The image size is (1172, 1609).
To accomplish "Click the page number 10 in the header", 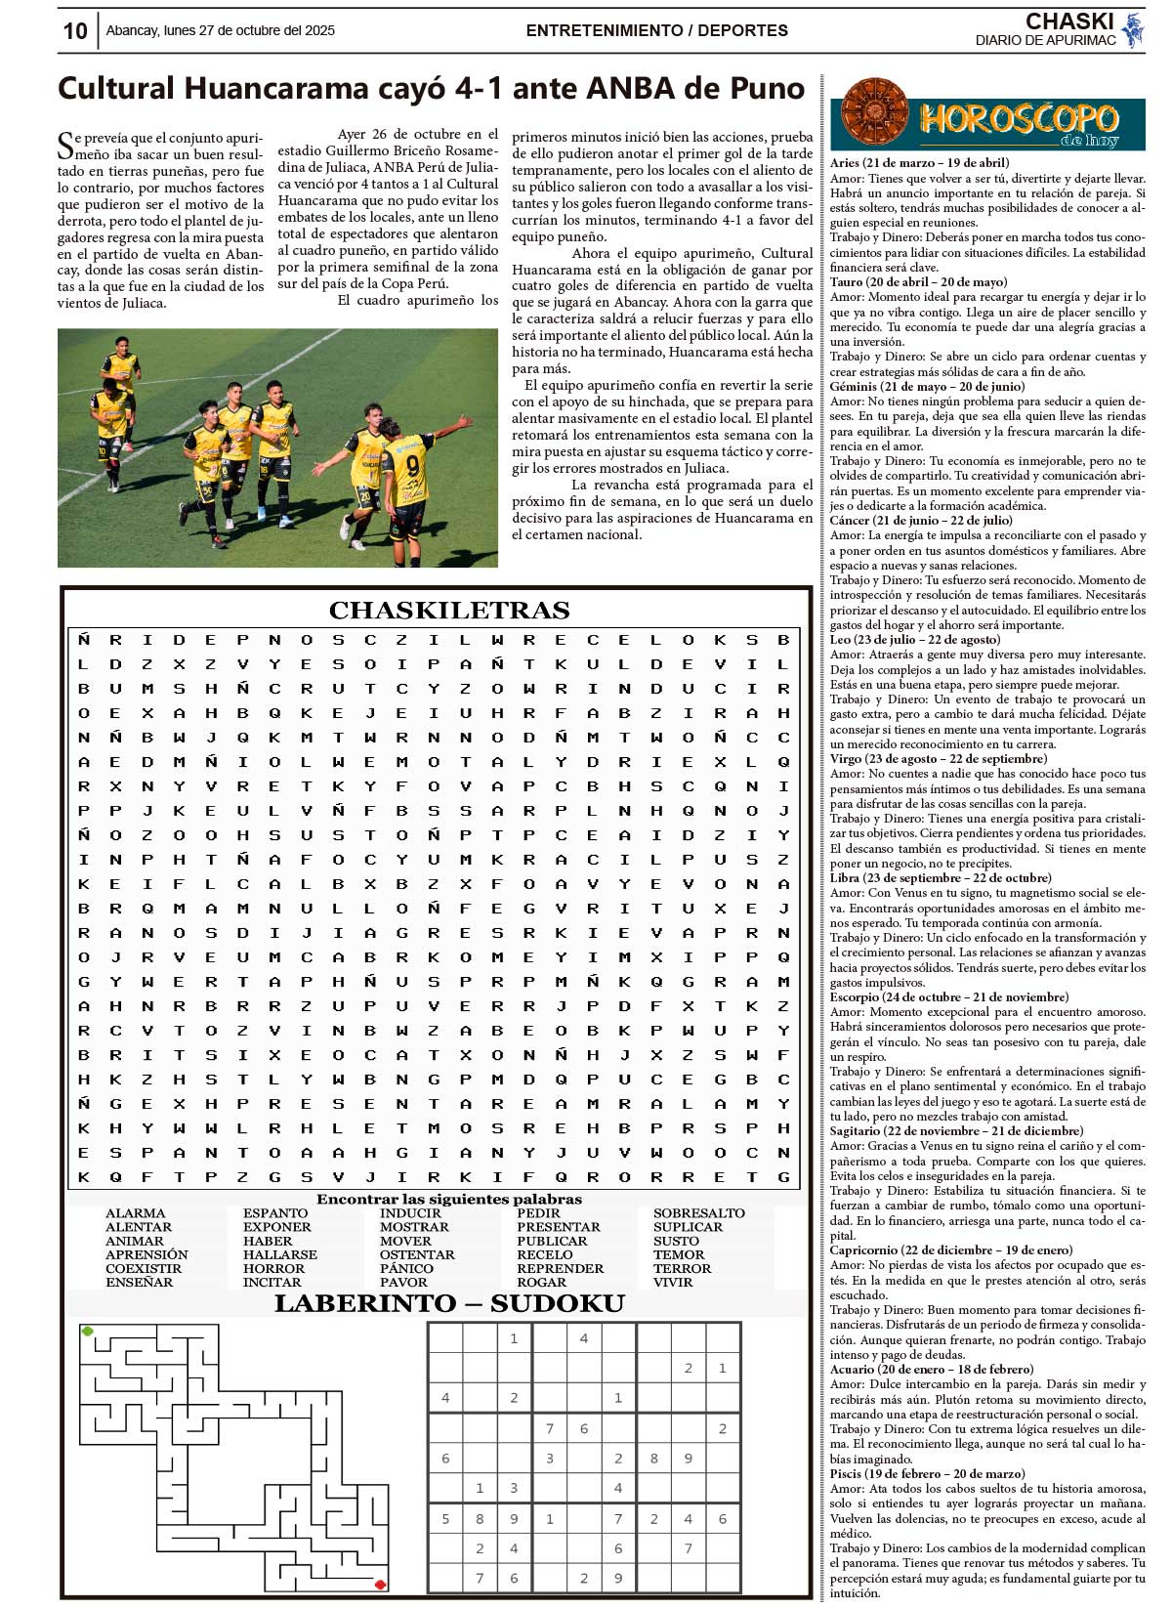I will pos(75,31).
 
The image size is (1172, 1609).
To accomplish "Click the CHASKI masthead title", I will pos(1069,21).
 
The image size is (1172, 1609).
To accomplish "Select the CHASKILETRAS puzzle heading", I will pos(449,611).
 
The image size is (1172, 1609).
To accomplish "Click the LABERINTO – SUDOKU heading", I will pos(449,1303).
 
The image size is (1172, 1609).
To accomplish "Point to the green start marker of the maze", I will pos(88,1331).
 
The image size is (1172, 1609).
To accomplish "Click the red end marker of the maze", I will pos(380,1585).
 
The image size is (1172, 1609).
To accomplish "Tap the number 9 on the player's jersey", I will pos(412,464).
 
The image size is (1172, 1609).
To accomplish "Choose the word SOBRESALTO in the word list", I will pos(698,1213).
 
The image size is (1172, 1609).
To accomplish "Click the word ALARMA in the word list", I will pos(135,1213).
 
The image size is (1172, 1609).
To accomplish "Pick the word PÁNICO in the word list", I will pos(406,1268).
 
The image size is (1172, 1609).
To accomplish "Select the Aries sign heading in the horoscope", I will pos(919,163).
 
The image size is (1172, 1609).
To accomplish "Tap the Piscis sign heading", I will pos(927,1474).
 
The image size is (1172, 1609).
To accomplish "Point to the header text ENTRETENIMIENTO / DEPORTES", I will pos(656,30).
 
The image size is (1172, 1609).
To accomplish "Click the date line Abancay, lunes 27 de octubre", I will pos(220,30).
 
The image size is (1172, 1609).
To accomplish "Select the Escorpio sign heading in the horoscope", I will pos(948,997).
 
